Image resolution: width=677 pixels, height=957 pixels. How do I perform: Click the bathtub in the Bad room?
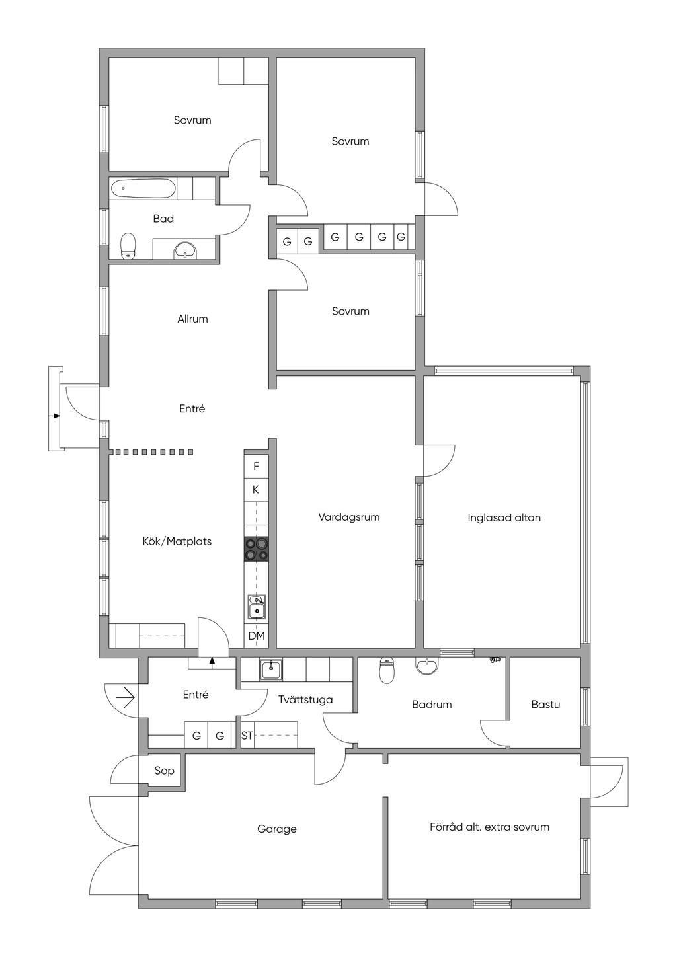pos(143,188)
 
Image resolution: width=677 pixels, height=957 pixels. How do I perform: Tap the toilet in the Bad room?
pos(128,246)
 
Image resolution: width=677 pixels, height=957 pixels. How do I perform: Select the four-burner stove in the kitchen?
pos(257,549)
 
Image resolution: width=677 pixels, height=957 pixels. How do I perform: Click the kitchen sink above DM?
pos(257,607)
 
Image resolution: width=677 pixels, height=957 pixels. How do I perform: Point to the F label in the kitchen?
pos(256,466)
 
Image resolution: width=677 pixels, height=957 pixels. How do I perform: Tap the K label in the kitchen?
pos(256,490)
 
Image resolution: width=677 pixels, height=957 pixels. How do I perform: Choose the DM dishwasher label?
pos(257,636)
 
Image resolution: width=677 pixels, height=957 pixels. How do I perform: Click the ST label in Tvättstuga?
pos(247,736)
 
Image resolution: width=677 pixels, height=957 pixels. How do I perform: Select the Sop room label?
pos(164,771)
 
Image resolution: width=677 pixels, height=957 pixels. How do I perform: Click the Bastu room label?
pos(545,704)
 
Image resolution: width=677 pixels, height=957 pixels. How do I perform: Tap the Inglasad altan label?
pos(504,517)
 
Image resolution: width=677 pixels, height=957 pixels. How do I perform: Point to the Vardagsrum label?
pos(349,517)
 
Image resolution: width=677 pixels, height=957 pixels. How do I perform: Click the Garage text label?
pos(276,829)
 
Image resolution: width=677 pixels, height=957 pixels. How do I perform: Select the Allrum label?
pos(192,319)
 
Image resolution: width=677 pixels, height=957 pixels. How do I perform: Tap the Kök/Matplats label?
pos(177,541)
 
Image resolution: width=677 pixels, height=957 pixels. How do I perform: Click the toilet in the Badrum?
pos(386,671)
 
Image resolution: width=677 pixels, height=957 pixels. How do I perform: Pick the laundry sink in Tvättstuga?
pos(270,670)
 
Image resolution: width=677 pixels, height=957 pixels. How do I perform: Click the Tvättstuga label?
pos(305,700)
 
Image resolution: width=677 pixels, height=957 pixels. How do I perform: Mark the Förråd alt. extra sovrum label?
pos(489,827)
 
